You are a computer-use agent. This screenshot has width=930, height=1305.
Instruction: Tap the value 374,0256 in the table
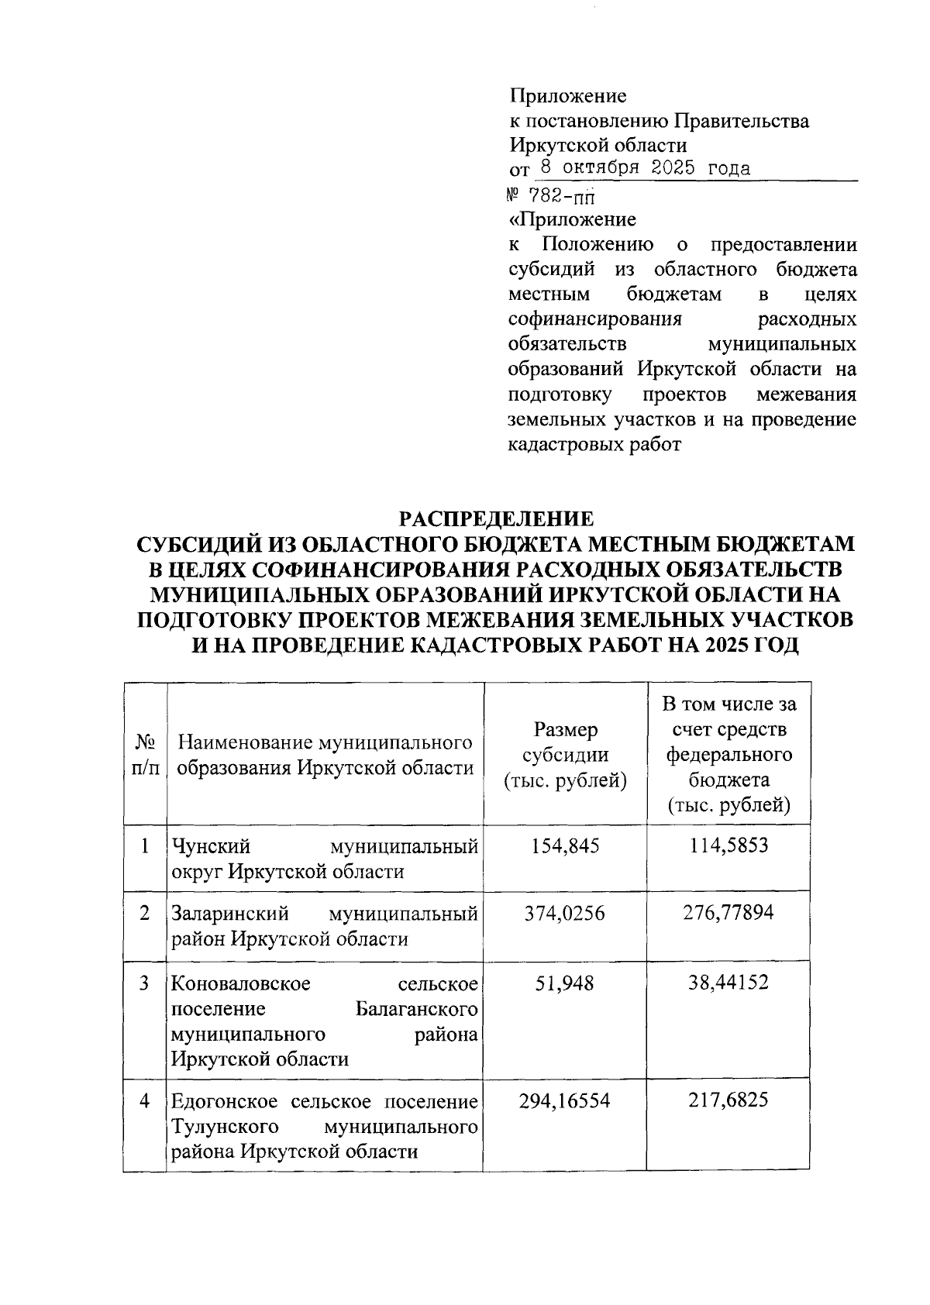(565, 914)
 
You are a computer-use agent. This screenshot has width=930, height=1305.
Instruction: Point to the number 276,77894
(728, 914)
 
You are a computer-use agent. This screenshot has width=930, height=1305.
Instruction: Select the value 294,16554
(565, 1100)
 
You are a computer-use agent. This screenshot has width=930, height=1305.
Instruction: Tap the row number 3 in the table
(145, 983)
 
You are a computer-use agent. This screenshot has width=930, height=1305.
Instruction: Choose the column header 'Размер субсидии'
(565, 755)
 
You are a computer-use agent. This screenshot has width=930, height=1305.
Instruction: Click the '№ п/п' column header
(146, 755)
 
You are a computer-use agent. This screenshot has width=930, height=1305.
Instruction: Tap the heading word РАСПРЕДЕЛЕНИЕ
(496, 518)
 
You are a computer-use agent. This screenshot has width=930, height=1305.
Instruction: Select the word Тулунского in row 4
(225, 1126)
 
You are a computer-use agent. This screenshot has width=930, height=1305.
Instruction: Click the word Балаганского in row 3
(416, 1010)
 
